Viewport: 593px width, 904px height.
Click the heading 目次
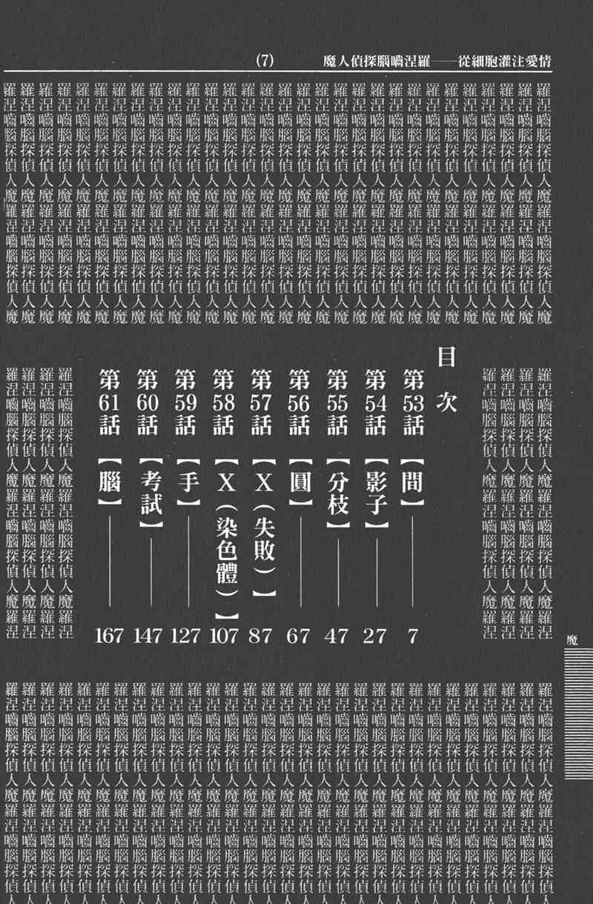pyautogui.click(x=446, y=379)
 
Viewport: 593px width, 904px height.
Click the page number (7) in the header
pyautogui.click(x=265, y=62)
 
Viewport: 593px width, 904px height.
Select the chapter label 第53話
pyautogui.click(x=412, y=403)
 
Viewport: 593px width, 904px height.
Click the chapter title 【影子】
pyautogui.click(x=375, y=493)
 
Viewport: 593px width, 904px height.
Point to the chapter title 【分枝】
pyautogui.click(x=337, y=493)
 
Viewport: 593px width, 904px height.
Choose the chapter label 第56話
pyautogui.click(x=299, y=403)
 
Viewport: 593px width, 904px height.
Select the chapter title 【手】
pyautogui.click(x=186, y=482)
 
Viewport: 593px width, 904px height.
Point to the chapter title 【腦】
pyautogui.click(x=110, y=482)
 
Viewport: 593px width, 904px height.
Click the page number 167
pyautogui.click(x=110, y=636)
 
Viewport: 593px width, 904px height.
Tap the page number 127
pyautogui.click(x=186, y=636)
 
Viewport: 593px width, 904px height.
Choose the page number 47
pyautogui.click(x=337, y=636)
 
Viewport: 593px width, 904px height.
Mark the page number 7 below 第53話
pyautogui.click(x=412, y=636)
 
